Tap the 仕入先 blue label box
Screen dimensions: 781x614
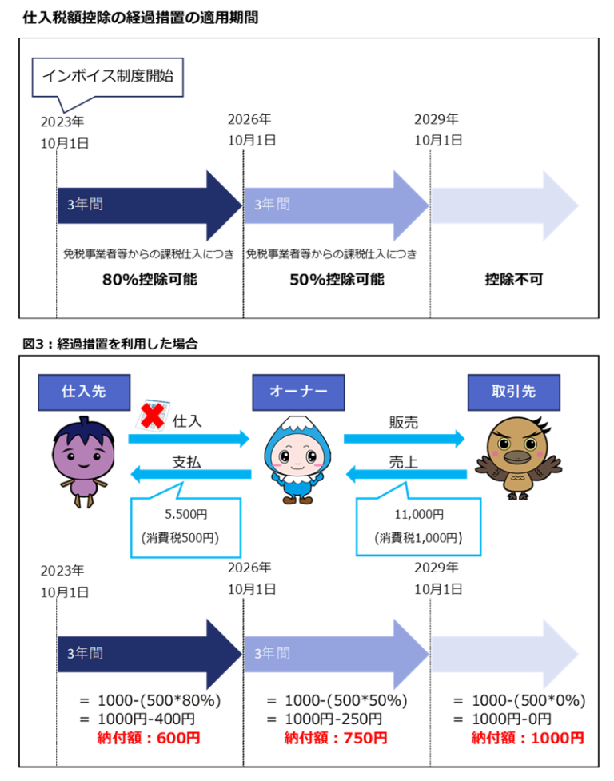(x=83, y=392)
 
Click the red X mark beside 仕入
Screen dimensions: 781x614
(x=152, y=416)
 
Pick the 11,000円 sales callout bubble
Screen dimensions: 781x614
(x=419, y=524)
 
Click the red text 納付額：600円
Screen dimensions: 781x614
(x=150, y=738)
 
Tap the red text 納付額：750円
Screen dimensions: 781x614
(x=336, y=738)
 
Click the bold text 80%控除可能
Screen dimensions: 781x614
(x=150, y=281)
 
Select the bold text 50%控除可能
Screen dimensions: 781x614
(x=337, y=281)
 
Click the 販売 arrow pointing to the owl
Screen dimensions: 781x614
(x=405, y=438)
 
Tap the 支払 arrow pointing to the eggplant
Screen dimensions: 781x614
(x=190, y=476)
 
